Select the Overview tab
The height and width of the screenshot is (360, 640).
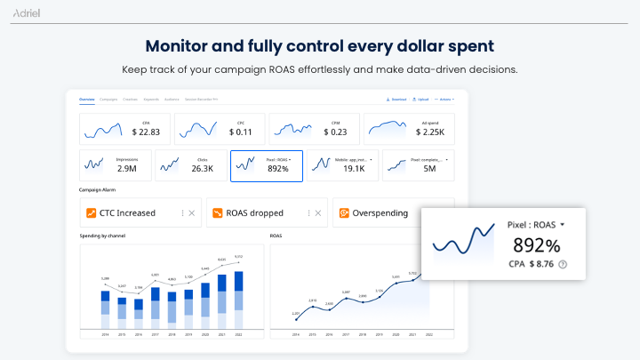[x=86, y=99]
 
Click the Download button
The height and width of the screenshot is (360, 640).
[x=396, y=99]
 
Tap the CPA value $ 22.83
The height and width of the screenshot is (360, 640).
[x=146, y=132]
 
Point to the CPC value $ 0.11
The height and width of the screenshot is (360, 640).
[x=241, y=132]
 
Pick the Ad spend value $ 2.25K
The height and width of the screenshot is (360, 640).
[x=432, y=132]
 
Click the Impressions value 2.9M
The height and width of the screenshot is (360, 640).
[x=126, y=168]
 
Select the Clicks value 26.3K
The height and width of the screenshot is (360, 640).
[x=203, y=168]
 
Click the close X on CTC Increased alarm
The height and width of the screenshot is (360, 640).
[x=191, y=212]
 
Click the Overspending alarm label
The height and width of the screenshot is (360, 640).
[x=380, y=212]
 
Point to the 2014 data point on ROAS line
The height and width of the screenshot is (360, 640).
[x=296, y=317]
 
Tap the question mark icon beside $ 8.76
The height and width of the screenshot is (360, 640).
[x=563, y=264]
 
